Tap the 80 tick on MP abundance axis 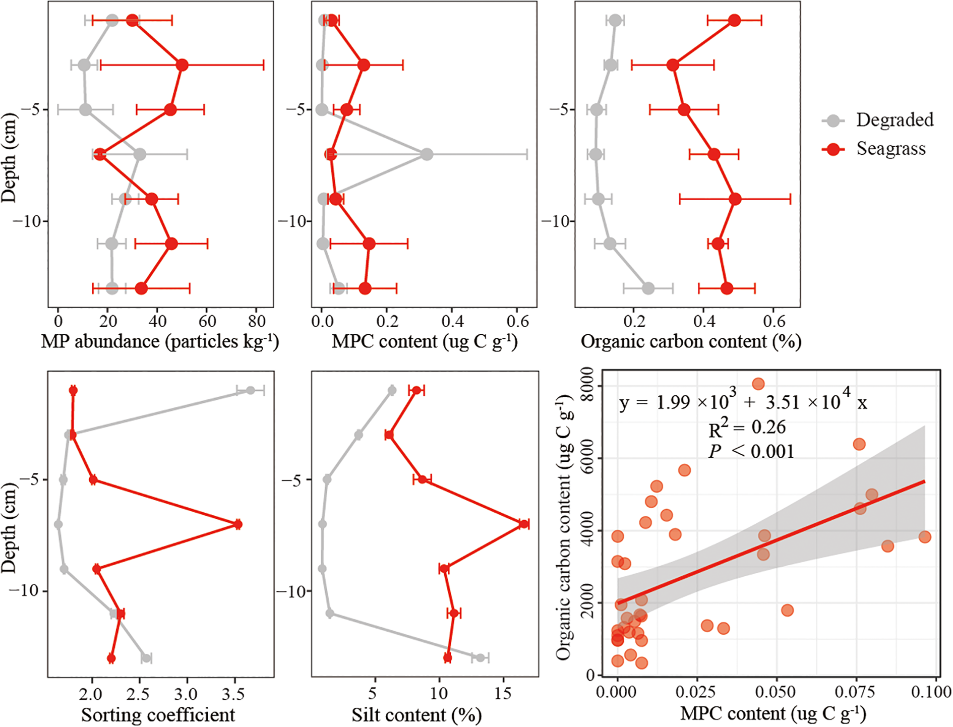[257, 321]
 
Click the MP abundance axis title [160, 342]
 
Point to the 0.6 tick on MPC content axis [517, 321]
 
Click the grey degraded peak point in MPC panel [427, 154]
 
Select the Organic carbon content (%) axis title [691, 342]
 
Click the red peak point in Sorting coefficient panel [237, 524]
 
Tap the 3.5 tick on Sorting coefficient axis [233, 695]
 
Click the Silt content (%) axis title [416, 715]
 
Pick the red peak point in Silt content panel [524, 524]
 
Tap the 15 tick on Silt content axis [503, 695]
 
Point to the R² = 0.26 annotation [747, 428]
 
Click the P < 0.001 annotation [751, 451]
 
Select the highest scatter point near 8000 [758, 384]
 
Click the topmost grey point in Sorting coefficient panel [250, 390]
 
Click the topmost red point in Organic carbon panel [734, 21]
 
